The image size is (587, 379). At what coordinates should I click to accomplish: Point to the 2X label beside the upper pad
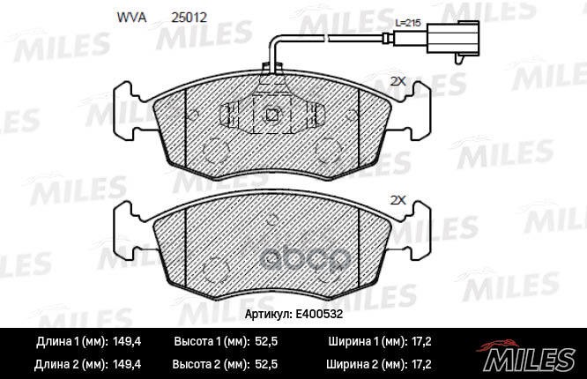coord(397,81)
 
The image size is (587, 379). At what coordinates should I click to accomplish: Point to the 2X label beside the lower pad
coord(397,200)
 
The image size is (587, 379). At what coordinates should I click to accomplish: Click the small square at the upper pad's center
coord(272,114)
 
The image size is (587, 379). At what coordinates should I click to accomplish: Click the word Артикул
coord(265,313)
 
